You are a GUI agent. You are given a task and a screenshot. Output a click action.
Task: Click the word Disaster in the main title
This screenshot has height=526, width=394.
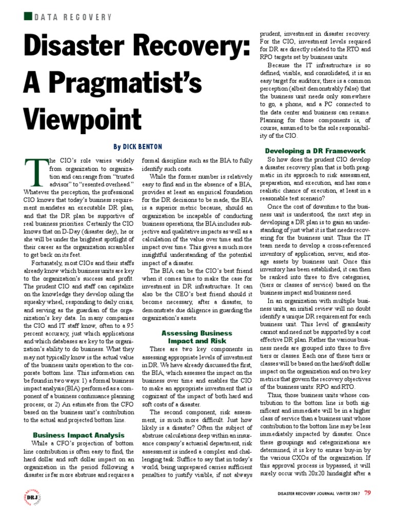pos(75,49)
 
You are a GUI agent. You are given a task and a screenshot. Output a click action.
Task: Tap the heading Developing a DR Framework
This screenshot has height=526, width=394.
pos(315,151)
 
